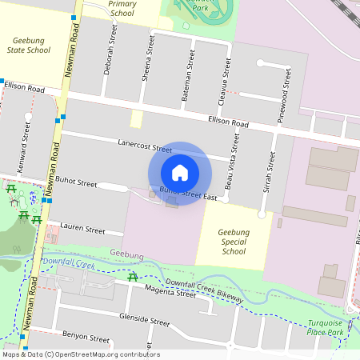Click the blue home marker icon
pos(180,173)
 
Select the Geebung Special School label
pos(233,242)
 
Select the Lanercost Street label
pos(145,146)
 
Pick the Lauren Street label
pos(82,230)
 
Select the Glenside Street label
pos(144,321)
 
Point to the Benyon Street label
pos(85,338)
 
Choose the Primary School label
pos(122,9)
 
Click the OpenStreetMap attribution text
pos(80,354)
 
